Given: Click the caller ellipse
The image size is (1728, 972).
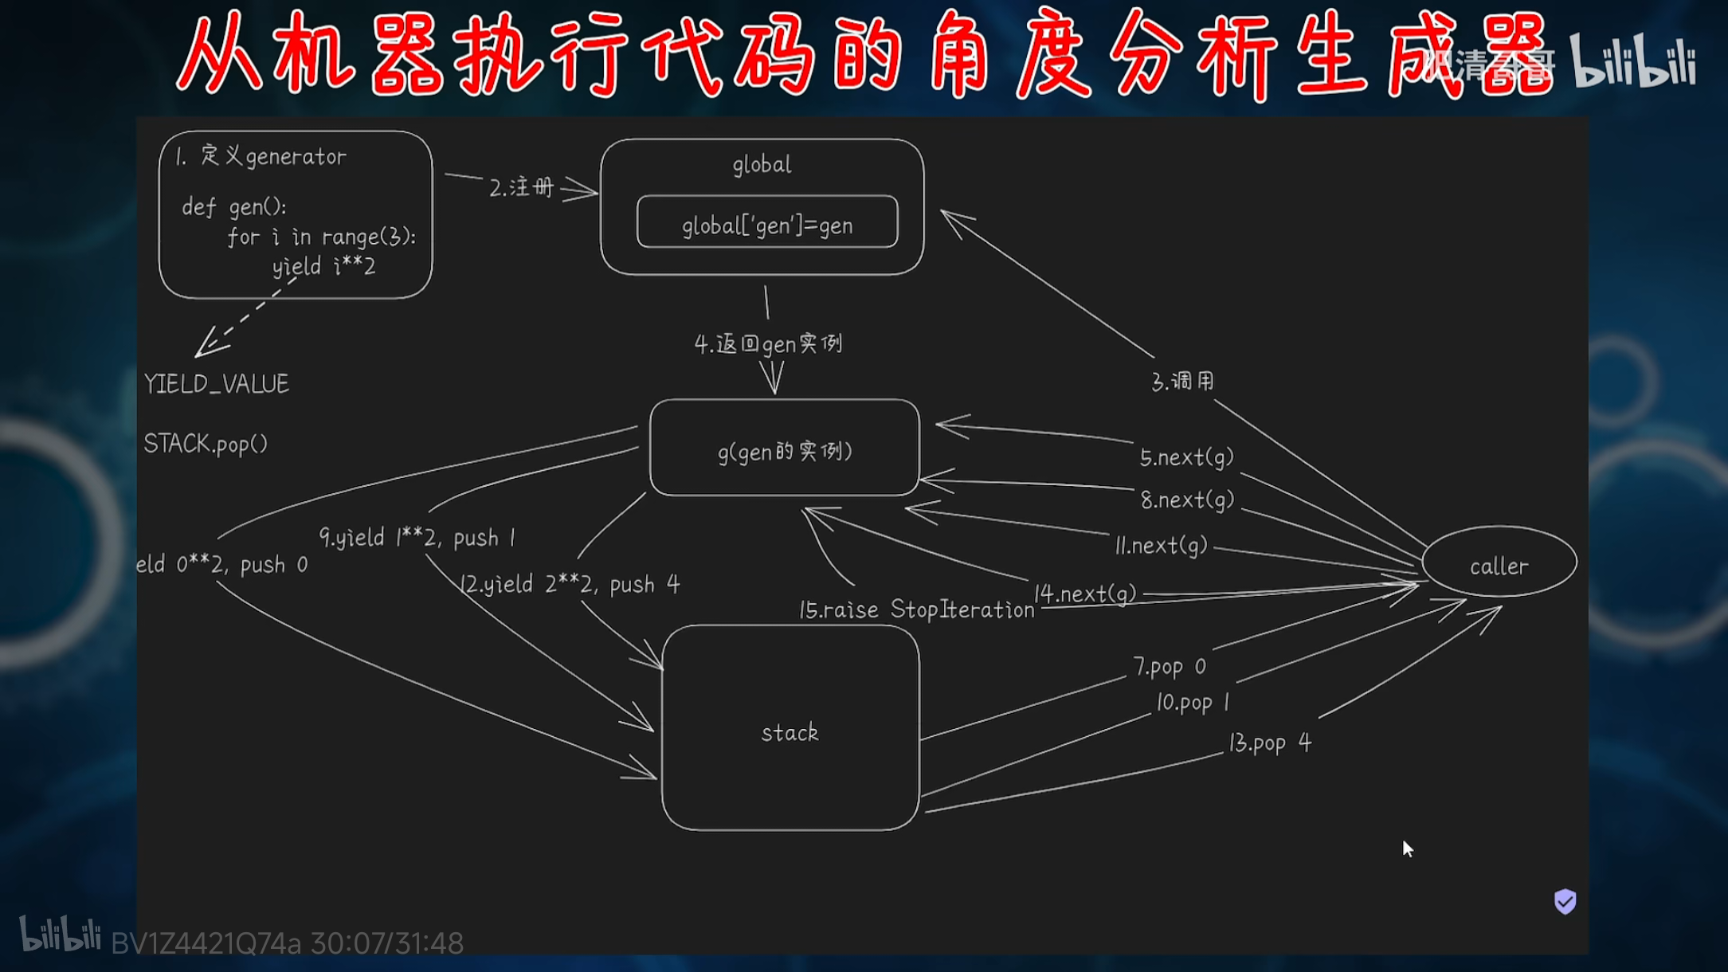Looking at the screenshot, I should click(1499, 565).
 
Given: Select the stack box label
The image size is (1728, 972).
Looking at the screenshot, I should click(790, 732).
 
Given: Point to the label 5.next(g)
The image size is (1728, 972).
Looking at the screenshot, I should click(1186, 457).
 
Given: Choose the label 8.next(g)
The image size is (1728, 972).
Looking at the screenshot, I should click(1187, 500).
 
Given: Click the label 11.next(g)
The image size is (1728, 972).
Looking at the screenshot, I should click(1161, 545).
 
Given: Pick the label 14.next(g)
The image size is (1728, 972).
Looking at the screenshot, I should click(1085, 594).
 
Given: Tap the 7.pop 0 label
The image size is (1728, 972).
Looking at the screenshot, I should click(1169, 666).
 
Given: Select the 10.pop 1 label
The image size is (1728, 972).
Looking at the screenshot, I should click(1193, 702).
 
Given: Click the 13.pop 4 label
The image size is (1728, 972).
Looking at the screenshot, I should click(1269, 743).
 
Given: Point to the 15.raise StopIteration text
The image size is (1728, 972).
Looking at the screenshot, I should click(916, 609).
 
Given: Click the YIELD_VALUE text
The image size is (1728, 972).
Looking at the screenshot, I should click(217, 384).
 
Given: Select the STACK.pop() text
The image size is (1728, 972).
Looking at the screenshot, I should click(206, 444).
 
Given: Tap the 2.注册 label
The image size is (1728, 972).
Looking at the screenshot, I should click(521, 188).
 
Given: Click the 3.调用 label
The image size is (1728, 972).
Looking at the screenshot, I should click(1183, 382).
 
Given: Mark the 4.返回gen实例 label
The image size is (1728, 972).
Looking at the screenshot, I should click(768, 344).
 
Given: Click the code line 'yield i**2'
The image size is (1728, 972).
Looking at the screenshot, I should click(323, 266).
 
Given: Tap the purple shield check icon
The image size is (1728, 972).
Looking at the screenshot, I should click(1565, 901).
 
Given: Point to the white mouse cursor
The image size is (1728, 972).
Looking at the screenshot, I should click(1407, 848).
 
